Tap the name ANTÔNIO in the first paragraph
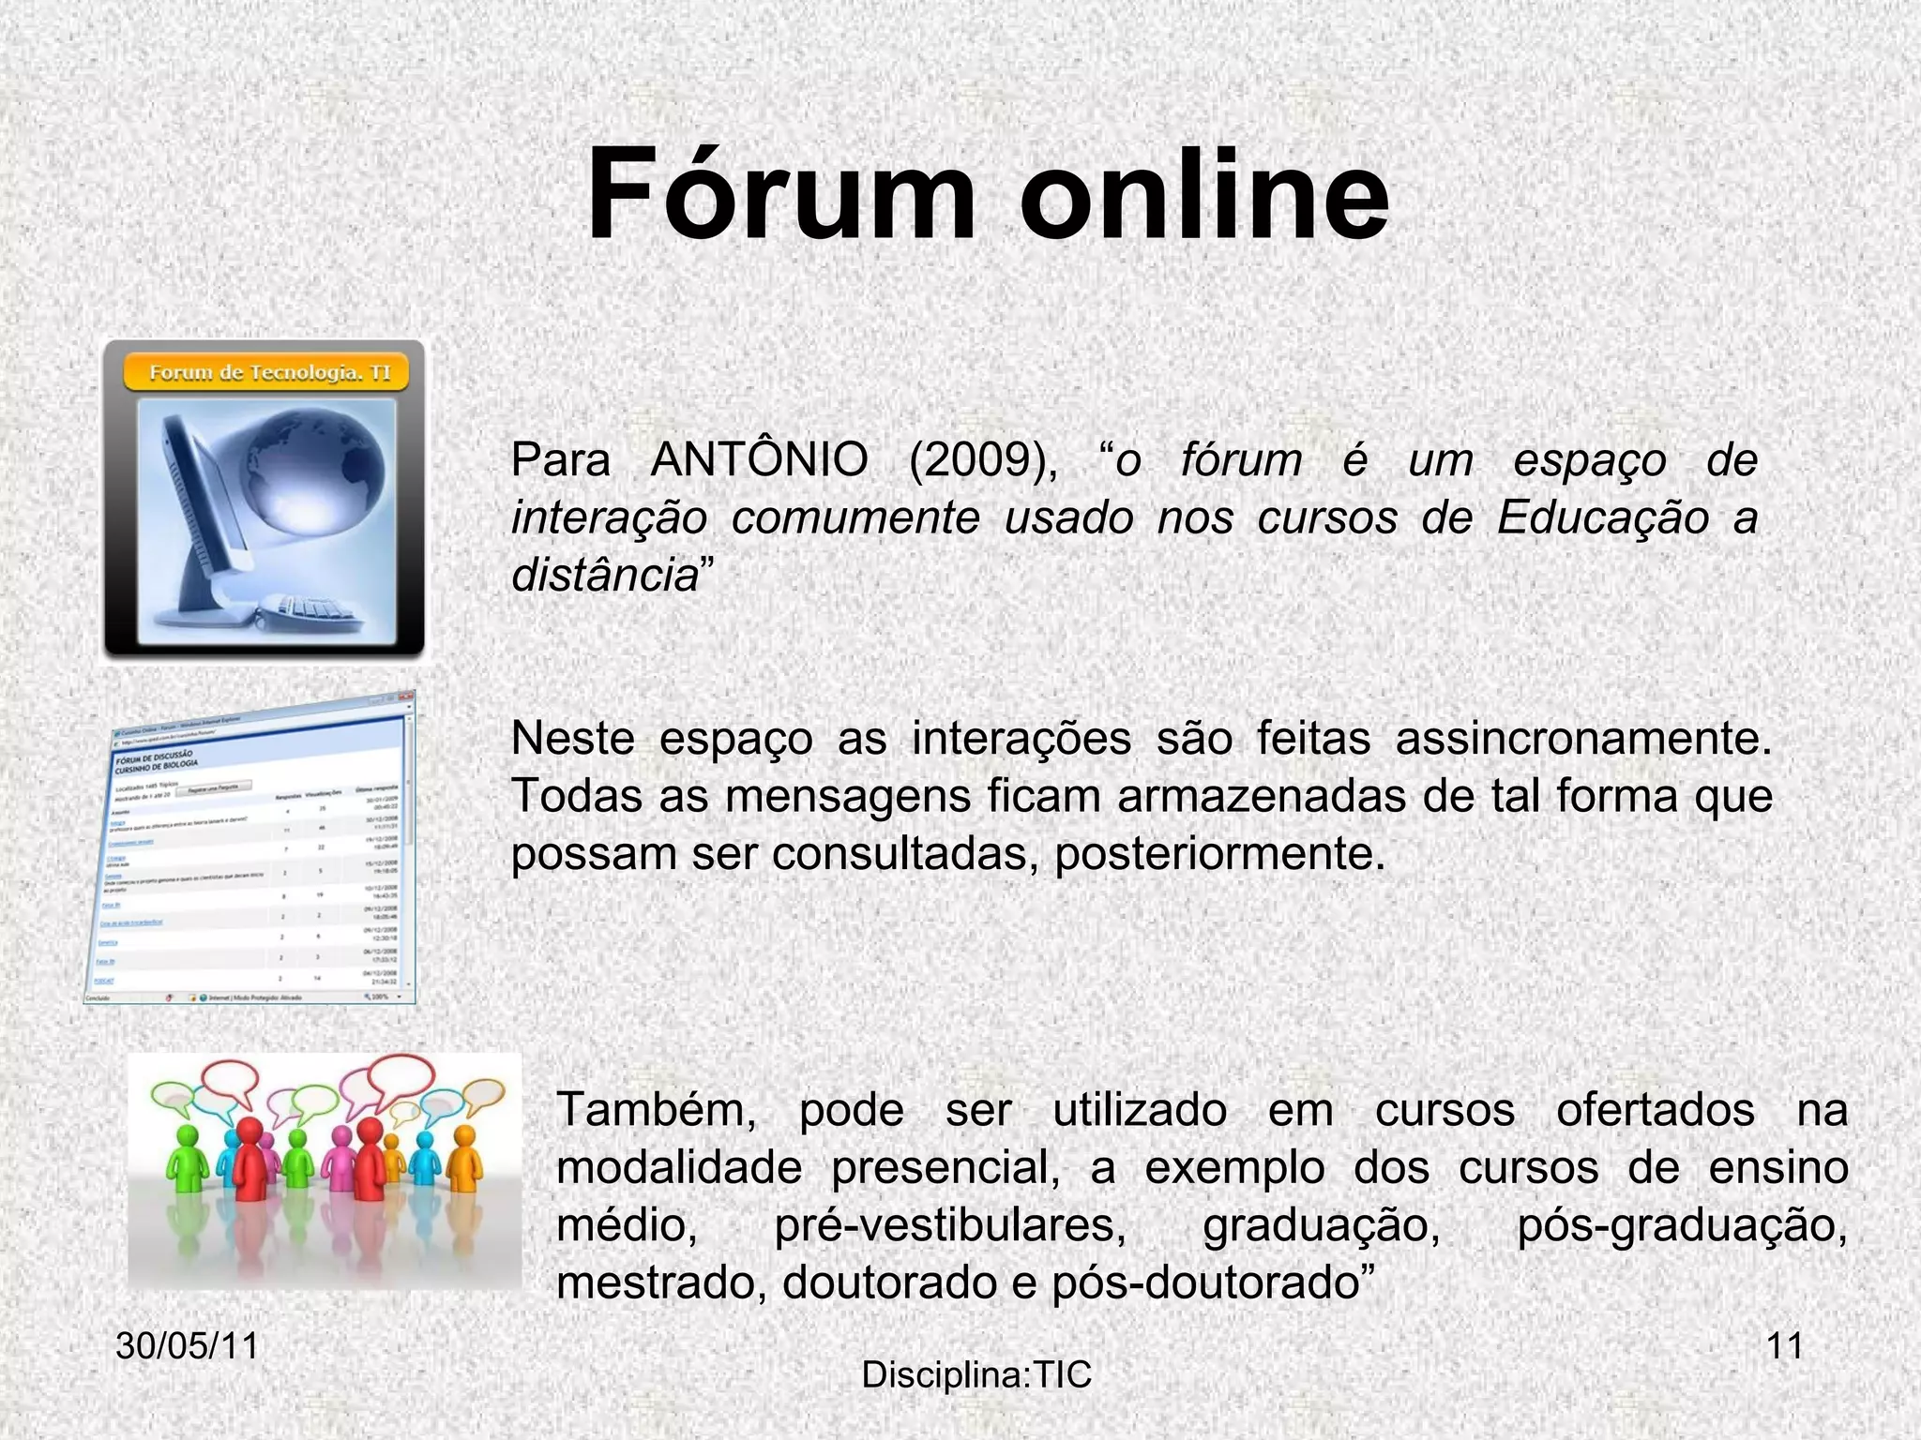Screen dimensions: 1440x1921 coord(759,460)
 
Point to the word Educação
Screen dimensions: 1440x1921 coord(1603,517)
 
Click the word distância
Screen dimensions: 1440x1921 coord(605,575)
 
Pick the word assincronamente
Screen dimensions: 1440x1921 coord(1582,739)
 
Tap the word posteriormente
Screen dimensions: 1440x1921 coord(1218,854)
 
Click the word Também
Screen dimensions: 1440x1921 coord(657,1111)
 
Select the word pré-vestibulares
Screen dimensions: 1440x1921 coord(949,1225)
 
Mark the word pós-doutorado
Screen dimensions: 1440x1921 coord(1205,1283)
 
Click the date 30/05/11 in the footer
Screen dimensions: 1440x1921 coord(187,1345)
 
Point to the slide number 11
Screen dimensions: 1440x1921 coord(1784,1345)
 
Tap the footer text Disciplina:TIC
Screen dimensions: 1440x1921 coord(976,1375)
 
